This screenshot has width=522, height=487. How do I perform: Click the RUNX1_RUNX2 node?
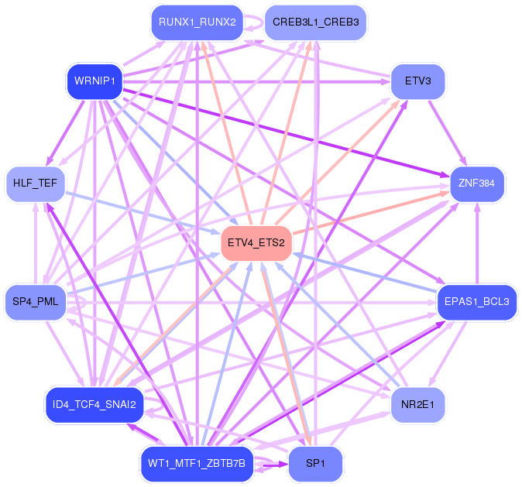tap(197, 22)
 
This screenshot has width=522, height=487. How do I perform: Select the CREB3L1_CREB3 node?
tap(315, 22)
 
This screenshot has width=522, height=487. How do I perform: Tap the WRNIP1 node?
tap(94, 81)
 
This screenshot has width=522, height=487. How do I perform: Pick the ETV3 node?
tap(418, 81)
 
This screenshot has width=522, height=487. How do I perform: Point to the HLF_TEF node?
tap(36, 183)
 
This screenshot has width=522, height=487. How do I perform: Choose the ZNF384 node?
tap(477, 183)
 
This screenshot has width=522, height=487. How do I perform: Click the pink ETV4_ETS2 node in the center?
tap(256, 243)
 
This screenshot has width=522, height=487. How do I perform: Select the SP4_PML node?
tap(36, 302)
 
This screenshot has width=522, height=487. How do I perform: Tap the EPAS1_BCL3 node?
tap(477, 302)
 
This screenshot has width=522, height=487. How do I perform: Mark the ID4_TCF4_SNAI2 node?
tap(94, 404)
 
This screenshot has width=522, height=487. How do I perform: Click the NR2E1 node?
tap(418, 404)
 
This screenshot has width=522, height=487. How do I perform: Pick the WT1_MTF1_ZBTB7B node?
tap(197, 464)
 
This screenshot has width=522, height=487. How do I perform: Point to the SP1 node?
tap(315, 464)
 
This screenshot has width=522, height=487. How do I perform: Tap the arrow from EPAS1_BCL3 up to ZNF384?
tap(477, 244)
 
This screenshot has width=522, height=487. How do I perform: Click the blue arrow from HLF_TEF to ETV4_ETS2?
tap(139, 211)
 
